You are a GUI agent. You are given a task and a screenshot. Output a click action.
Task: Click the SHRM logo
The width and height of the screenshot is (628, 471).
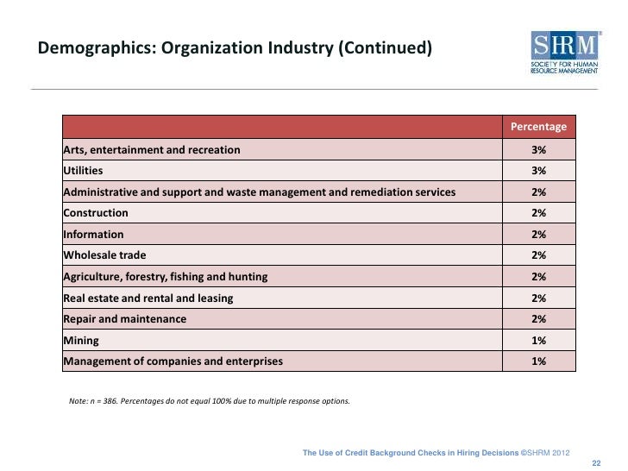coord(565,53)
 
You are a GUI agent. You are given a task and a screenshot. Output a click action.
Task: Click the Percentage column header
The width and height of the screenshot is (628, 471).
coord(538,127)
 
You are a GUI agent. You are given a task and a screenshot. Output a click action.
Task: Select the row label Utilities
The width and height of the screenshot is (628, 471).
coord(83,171)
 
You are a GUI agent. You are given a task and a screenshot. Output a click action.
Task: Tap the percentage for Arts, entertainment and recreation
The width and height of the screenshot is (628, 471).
coord(538,150)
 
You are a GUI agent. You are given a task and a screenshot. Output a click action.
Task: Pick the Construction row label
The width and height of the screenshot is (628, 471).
coord(96,213)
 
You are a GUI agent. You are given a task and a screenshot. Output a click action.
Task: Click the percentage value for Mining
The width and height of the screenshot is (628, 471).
coord(538,341)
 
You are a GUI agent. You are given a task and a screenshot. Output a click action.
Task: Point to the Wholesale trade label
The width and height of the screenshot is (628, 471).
coord(104,255)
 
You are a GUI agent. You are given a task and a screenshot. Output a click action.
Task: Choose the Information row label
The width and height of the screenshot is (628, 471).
coord(93,235)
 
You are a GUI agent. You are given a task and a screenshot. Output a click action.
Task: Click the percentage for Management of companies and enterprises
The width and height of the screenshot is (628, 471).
coord(538,361)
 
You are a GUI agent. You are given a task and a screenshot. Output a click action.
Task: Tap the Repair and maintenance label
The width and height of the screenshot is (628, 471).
coord(125,319)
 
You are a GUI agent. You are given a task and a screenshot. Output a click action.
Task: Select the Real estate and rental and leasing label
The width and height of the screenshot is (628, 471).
coord(148,298)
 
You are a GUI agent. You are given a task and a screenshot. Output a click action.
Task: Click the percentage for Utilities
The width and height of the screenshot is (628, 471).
coord(538,171)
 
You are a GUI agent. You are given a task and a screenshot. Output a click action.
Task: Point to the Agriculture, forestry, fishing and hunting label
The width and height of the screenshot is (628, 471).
coord(166,277)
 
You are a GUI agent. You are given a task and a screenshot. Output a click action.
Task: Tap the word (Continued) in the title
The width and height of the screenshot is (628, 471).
coord(386,47)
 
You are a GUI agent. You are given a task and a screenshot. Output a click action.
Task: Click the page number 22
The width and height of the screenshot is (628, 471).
coord(596,463)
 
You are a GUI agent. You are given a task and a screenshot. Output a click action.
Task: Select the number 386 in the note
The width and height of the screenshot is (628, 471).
coord(110,401)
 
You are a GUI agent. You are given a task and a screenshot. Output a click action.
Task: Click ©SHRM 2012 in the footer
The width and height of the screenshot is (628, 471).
coord(545,453)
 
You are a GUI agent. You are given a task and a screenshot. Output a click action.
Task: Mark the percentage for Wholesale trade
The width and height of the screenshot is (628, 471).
coord(538,255)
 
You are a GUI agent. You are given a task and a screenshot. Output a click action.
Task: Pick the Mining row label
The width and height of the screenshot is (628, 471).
coord(81,341)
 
